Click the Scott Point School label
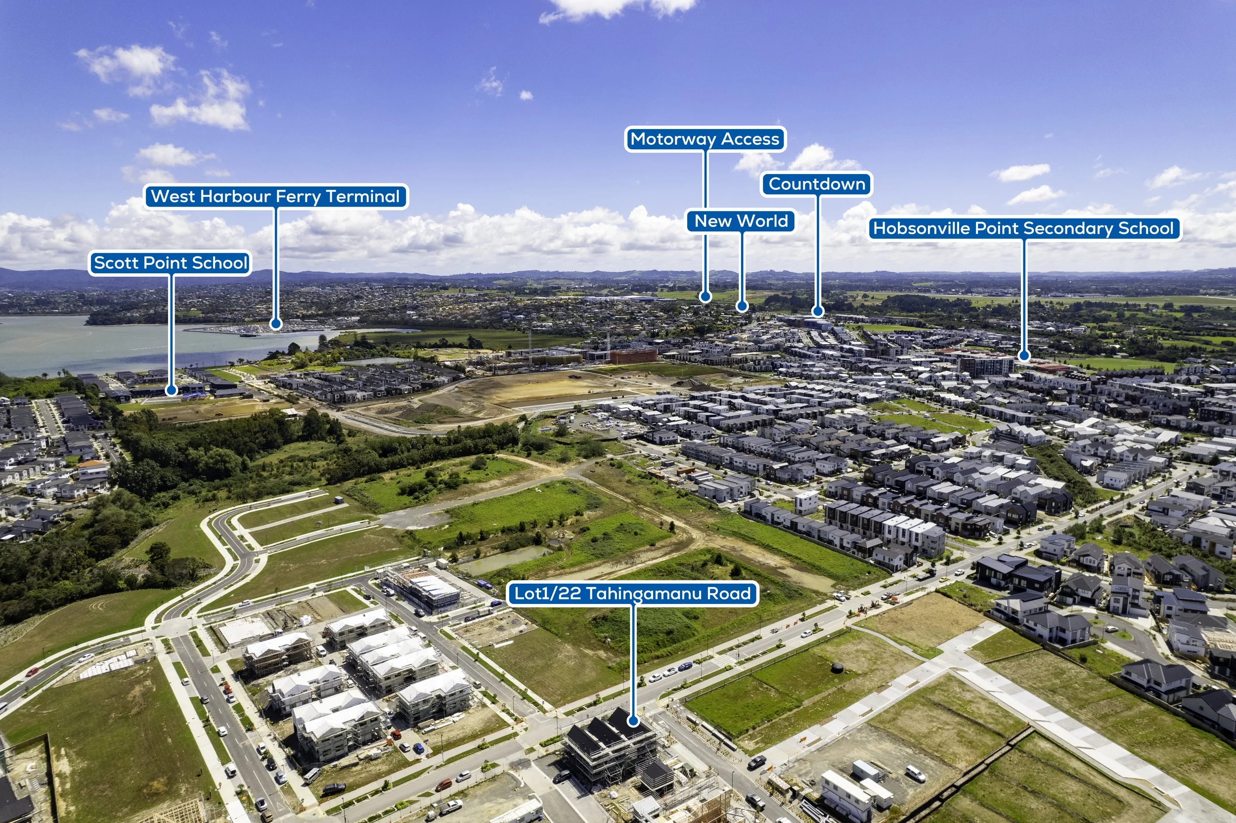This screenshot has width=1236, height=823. [170, 262]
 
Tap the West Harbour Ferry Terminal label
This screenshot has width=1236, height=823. [275, 196]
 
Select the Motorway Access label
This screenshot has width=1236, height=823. [705, 139]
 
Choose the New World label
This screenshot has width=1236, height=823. [741, 221]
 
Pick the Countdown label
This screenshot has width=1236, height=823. [817, 184]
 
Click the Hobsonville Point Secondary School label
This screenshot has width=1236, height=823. [1023, 228]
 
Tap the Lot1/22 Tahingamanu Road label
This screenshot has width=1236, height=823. [632, 594]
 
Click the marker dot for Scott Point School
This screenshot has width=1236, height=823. [171, 390]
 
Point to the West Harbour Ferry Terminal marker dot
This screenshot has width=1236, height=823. [275, 324]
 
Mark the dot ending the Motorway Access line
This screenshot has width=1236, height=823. [706, 297]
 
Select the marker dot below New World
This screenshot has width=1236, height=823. [741, 305]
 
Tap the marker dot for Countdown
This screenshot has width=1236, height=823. [817, 311]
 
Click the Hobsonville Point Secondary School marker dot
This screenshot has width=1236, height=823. [1023, 355]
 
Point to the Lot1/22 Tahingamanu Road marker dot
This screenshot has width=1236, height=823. [633, 721]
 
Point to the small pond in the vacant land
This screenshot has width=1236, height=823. [504, 559]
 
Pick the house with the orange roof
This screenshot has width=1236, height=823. [92, 466]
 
